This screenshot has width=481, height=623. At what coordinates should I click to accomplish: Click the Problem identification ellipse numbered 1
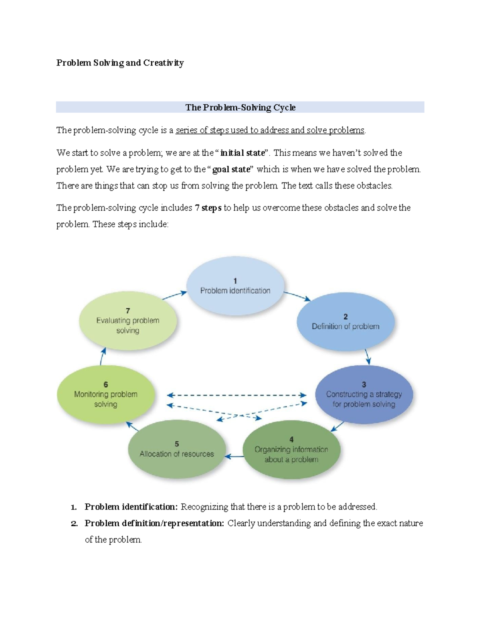pyautogui.click(x=235, y=286)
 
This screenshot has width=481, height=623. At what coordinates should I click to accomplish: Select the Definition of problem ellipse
pyautogui.click(x=346, y=322)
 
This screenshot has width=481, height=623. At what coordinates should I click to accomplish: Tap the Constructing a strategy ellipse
pyautogui.click(x=364, y=394)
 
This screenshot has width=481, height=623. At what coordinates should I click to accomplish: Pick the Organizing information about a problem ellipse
pyautogui.click(x=291, y=450)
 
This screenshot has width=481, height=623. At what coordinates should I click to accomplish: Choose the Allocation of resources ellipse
pyautogui.click(x=177, y=449)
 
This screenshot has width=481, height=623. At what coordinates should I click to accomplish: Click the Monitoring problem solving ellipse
pyautogui.click(x=106, y=394)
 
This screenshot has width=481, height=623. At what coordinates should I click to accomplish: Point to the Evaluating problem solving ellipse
pyautogui.click(x=128, y=321)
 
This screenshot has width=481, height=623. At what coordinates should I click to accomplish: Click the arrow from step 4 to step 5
pyautogui.click(x=234, y=457)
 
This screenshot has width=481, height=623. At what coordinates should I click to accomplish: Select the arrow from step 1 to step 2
pyautogui.click(x=297, y=296)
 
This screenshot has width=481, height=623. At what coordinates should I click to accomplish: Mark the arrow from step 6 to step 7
pyautogui.click(x=103, y=356)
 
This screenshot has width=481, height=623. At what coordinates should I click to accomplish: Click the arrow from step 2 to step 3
pyautogui.click(x=367, y=356)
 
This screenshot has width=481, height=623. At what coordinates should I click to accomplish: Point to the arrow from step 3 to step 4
pyautogui.click(x=337, y=426)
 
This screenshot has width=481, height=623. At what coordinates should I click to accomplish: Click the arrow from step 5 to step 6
pyautogui.click(x=133, y=426)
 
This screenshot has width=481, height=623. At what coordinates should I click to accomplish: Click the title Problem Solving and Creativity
pyautogui.click(x=120, y=63)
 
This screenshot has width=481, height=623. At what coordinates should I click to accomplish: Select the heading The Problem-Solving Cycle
pyautogui.click(x=240, y=108)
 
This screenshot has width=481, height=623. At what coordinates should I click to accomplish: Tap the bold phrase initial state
pyautogui.click(x=243, y=153)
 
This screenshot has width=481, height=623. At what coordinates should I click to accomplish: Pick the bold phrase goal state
pyautogui.click(x=231, y=169)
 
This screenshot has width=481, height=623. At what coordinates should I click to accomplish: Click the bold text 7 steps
pyautogui.click(x=208, y=208)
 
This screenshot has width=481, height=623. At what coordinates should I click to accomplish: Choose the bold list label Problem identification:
pyautogui.click(x=131, y=507)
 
